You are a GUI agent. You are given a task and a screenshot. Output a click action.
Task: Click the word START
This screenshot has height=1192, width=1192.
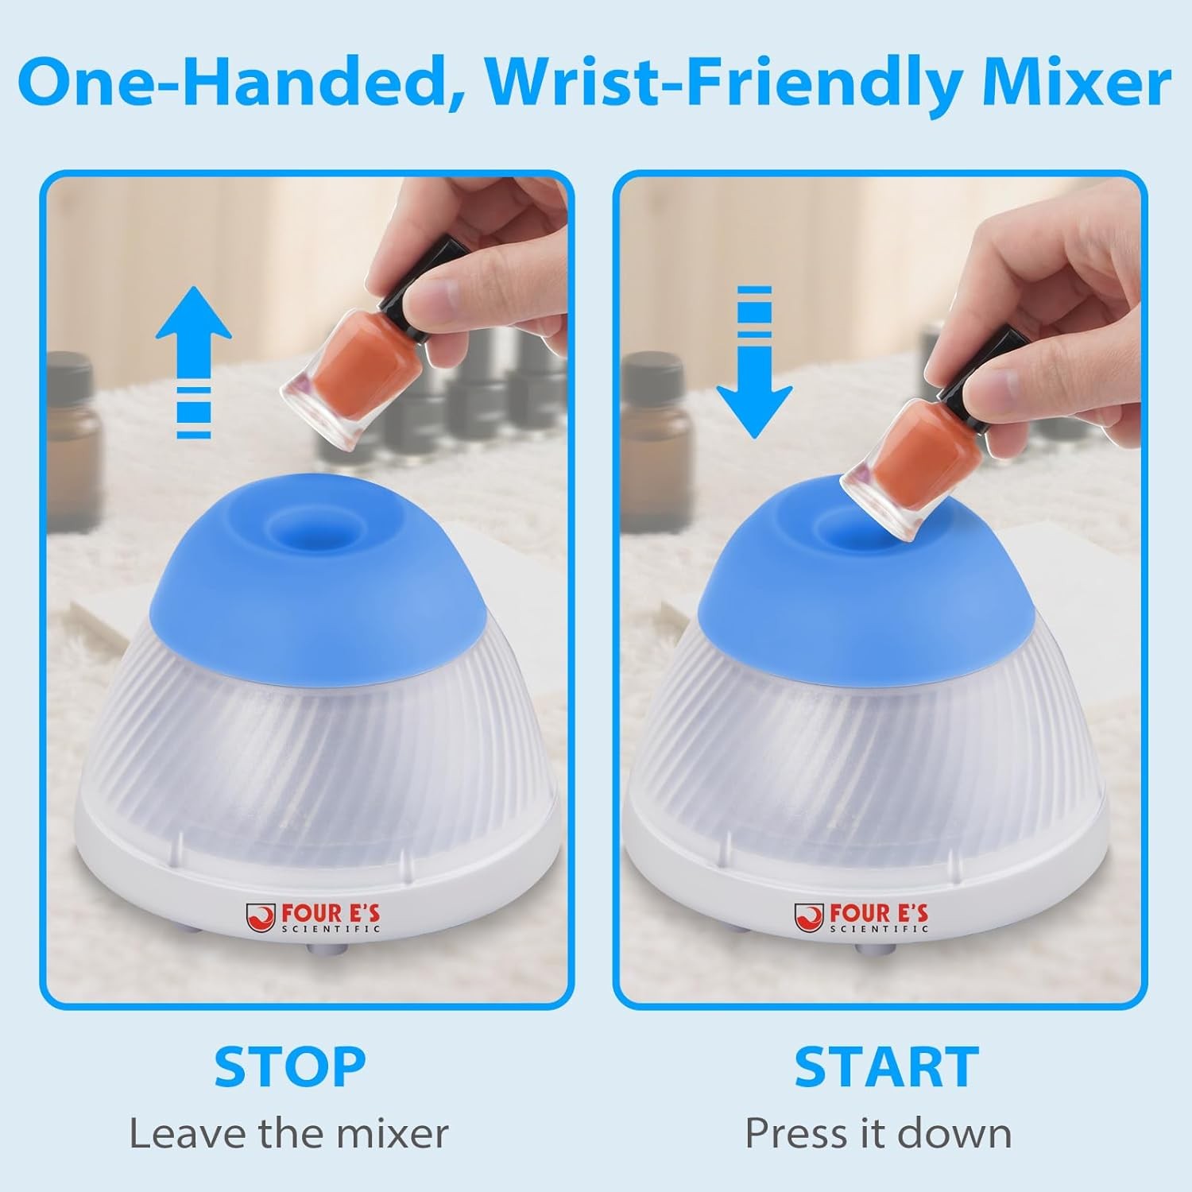coord(886,1066)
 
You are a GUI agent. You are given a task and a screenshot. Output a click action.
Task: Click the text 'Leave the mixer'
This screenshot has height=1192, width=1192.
coord(289,1133)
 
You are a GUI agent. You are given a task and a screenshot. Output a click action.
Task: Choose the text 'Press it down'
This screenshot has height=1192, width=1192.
coord(878,1133)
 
